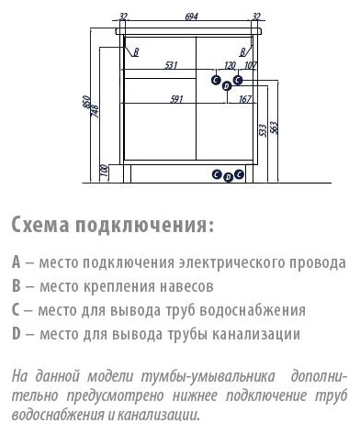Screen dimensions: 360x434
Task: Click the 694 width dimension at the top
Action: point(192,17)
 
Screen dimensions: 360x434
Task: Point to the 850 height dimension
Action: point(86,102)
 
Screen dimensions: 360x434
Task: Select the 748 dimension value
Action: point(96,111)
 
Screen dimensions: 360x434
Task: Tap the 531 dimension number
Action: point(172,65)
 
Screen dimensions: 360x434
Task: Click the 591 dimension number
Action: point(176,99)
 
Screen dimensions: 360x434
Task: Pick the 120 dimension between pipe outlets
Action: point(230,65)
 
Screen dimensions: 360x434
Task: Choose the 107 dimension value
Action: point(251,65)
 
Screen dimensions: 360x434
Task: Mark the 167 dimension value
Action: point(245,99)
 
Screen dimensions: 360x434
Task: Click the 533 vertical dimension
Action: point(263,130)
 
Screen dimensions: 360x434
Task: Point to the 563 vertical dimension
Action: point(274,128)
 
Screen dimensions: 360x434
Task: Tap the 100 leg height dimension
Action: point(104,171)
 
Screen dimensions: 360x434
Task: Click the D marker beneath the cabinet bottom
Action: point(228,177)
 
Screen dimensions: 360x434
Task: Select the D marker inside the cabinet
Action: point(227,86)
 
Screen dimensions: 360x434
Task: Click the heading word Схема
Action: point(40,225)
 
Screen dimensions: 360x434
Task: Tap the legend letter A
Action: point(17,262)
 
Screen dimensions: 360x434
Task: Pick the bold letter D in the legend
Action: point(17,333)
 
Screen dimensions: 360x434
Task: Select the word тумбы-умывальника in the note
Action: point(208,376)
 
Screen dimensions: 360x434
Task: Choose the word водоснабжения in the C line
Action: point(253,310)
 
